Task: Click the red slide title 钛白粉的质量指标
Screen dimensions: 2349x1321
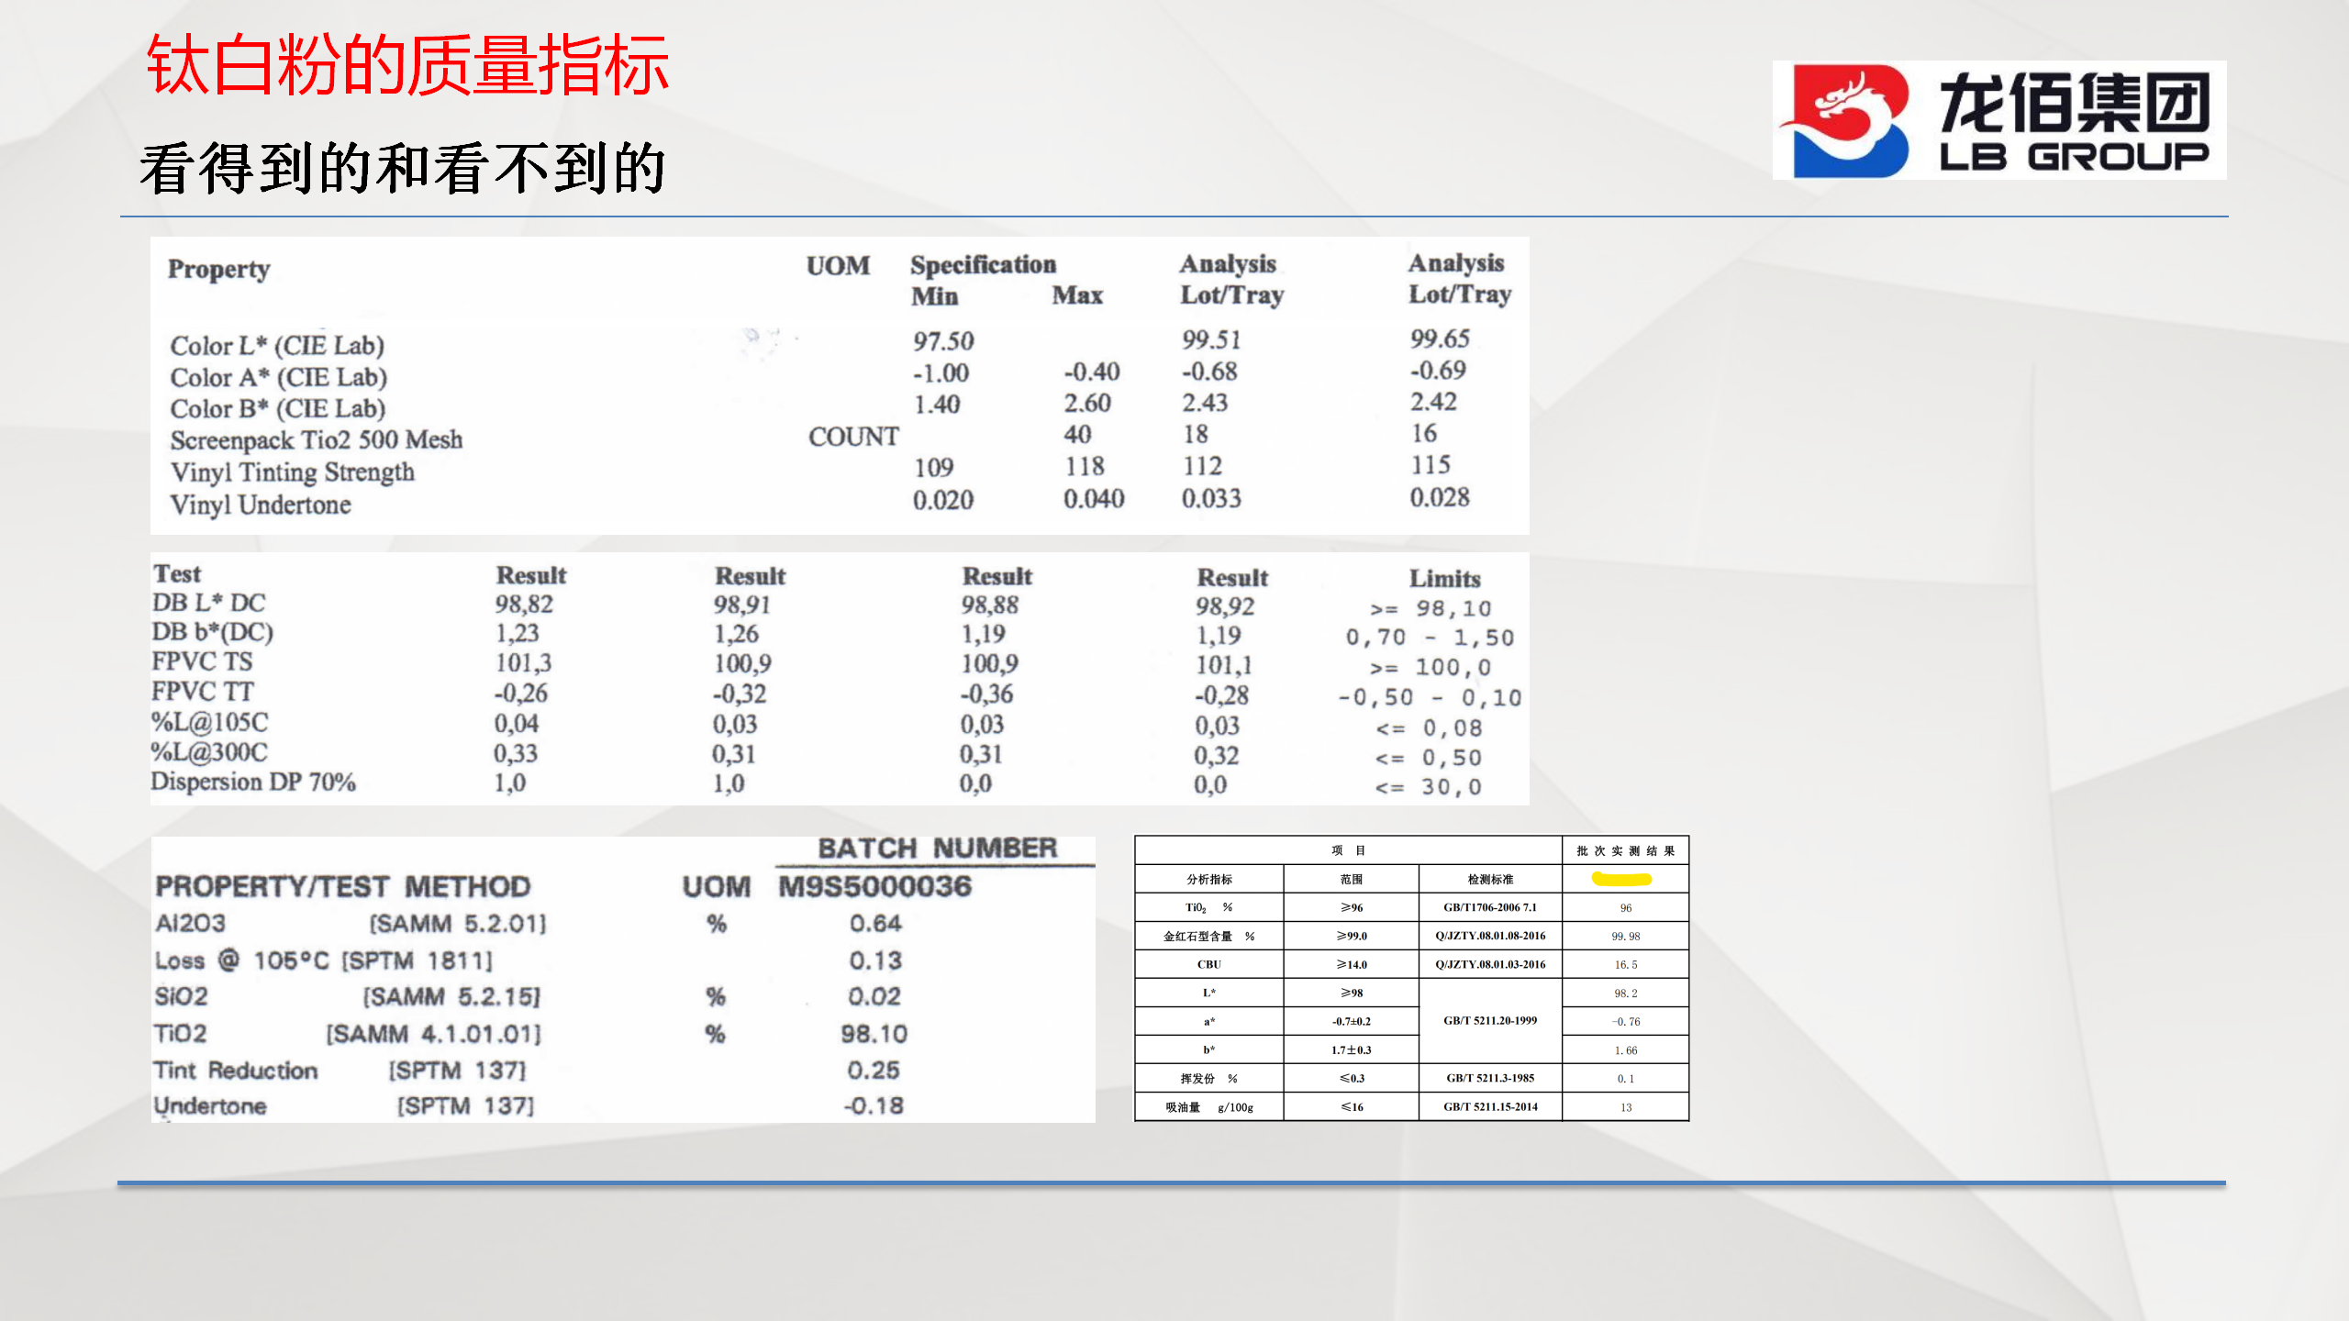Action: (x=407, y=65)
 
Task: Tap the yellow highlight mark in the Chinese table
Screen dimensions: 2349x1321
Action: (x=1621, y=879)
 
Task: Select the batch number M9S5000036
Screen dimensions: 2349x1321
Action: (x=874, y=886)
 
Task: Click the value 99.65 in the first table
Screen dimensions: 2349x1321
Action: (x=1440, y=339)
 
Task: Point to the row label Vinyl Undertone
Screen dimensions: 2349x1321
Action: (x=261, y=505)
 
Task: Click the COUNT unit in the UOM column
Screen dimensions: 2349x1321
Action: (x=853, y=437)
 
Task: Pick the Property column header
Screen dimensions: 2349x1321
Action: (x=218, y=270)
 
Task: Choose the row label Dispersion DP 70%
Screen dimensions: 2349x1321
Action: (x=253, y=782)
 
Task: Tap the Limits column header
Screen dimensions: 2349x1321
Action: (x=1445, y=579)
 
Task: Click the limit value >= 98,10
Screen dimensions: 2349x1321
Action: (x=1431, y=609)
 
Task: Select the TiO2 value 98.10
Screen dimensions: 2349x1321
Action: (x=874, y=1034)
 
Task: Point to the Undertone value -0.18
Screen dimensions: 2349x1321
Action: (x=874, y=1105)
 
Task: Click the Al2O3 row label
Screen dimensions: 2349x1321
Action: (x=190, y=923)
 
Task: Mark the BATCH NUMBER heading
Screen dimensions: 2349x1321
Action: (x=937, y=848)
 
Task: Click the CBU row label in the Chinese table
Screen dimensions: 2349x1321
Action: (x=1209, y=964)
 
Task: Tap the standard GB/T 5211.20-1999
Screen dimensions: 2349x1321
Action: (x=1490, y=1020)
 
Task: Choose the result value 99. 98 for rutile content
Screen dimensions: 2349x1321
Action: (x=1626, y=936)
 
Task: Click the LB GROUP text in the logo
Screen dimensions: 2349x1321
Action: (x=2075, y=157)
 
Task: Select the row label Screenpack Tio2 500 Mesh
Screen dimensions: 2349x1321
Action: (x=317, y=440)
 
